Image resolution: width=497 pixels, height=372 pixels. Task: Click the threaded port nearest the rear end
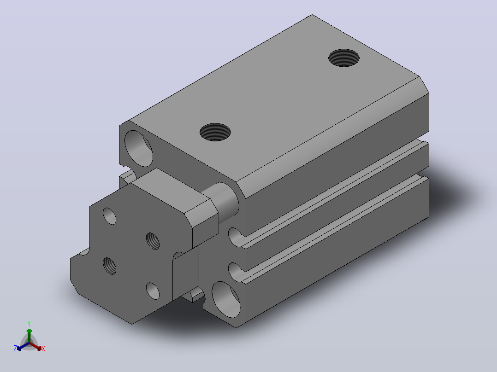pyautogui.click(x=344, y=58)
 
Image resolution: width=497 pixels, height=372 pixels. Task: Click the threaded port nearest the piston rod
pyautogui.click(x=215, y=132)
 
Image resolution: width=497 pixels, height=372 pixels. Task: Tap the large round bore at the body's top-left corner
pyautogui.click(x=138, y=149)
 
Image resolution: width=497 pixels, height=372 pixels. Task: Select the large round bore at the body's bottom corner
pyautogui.click(x=226, y=299)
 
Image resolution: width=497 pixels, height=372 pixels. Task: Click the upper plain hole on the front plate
pyautogui.click(x=109, y=216)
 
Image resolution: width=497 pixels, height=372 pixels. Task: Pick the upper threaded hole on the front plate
pyautogui.click(x=153, y=241)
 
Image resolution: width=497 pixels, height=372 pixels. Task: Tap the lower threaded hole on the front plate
pyautogui.click(x=109, y=266)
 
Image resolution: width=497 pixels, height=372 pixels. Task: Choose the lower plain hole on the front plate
pyautogui.click(x=153, y=291)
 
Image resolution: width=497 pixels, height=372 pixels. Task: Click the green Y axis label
pyautogui.click(x=29, y=324)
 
